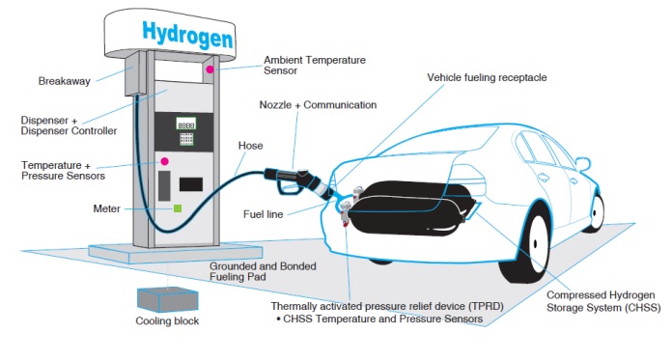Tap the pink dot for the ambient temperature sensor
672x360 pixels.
point(210,69)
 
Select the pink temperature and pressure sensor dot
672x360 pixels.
point(164,161)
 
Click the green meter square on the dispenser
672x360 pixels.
point(178,208)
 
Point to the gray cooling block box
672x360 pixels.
point(168,299)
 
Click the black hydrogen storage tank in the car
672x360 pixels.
point(407,208)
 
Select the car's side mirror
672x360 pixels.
point(583,164)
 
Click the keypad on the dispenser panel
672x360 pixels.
point(186,139)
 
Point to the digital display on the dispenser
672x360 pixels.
point(186,125)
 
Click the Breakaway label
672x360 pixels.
point(65,81)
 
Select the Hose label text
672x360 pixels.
point(251,146)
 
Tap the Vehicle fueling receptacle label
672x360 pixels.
point(487,77)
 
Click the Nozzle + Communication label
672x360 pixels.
point(318,105)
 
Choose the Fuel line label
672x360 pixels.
point(264,214)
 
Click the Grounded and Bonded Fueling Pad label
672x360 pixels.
point(263,271)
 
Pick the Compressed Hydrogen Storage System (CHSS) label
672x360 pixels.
point(603,301)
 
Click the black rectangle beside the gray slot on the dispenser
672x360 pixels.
point(191,184)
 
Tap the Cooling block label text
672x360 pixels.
point(167,321)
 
